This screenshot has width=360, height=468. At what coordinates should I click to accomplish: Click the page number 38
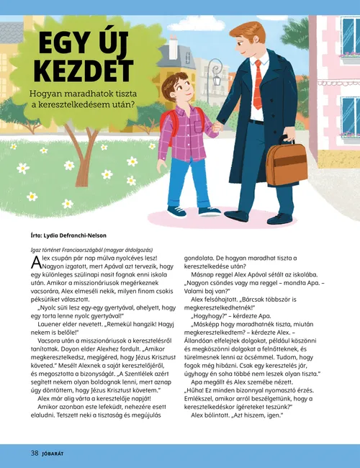click(34, 453)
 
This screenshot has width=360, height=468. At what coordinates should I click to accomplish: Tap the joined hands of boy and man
click(217, 128)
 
